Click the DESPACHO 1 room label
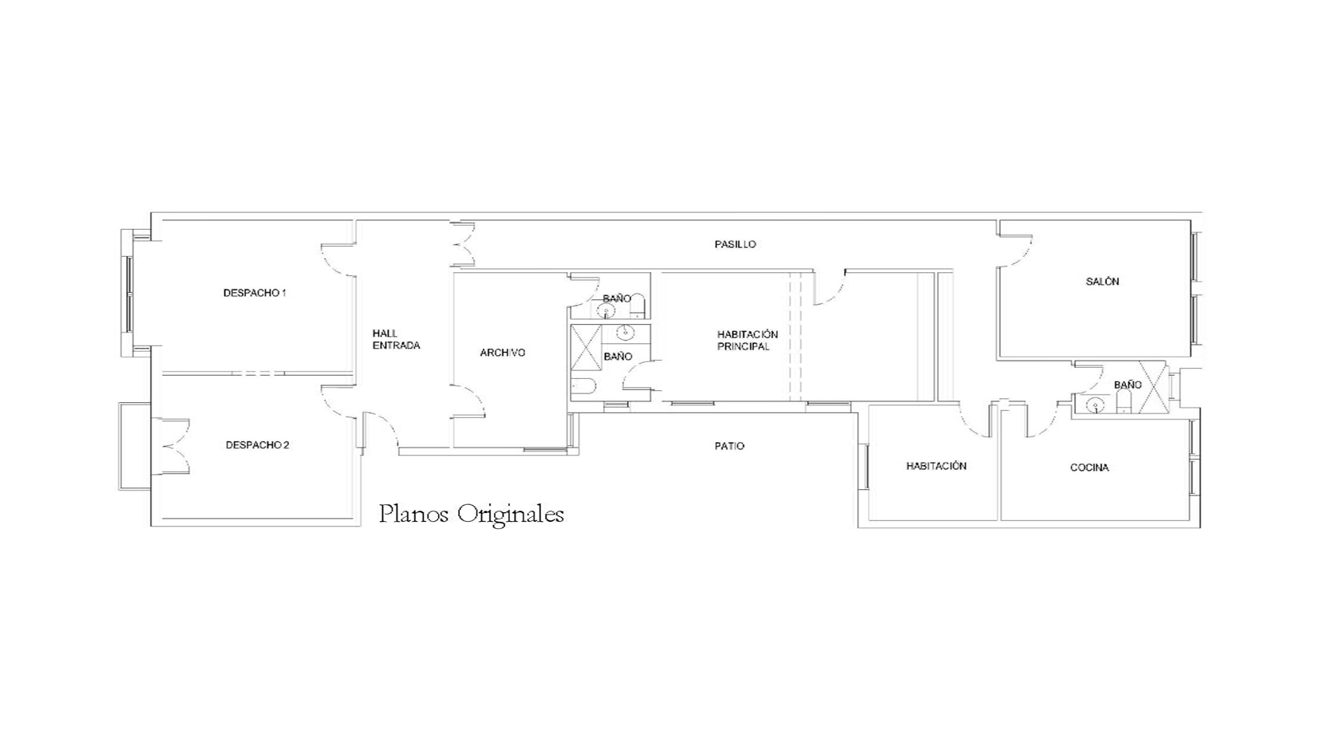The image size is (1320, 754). pyautogui.click(x=255, y=293)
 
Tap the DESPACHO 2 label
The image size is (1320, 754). pyautogui.click(x=258, y=445)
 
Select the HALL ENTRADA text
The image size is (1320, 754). pyautogui.click(x=396, y=340)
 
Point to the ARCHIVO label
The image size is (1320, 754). pyautogui.click(x=503, y=353)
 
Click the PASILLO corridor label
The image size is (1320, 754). pyautogui.click(x=736, y=244)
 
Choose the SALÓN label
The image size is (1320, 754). pyautogui.click(x=1103, y=282)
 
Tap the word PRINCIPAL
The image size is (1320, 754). pyautogui.click(x=743, y=347)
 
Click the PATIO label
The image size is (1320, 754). pyautogui.click(x=729, y=447)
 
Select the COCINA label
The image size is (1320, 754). pyautogui.click(x=1089, y=468)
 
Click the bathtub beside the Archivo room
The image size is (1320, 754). pyautogui.click(x=583, y=386)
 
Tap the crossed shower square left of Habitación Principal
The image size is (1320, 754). pyautogui.click(x=586, y=347)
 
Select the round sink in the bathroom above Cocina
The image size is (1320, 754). pyautogui.click(x=1095, y=405)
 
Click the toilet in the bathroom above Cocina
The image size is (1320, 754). pyautogui.click(x=1124, y=402)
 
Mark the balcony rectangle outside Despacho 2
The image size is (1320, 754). pyautogui.click(x=135, y=446)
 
